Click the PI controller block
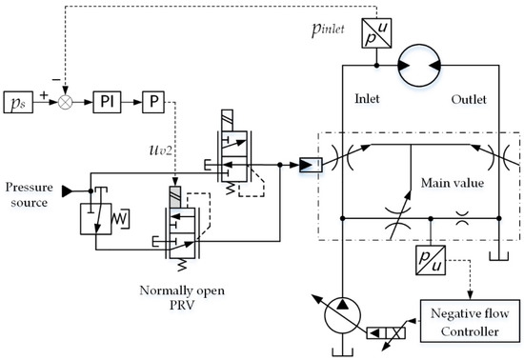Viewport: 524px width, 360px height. (107, 102)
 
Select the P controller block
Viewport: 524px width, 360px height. (153, 102)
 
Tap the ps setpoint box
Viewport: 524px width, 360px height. (18, 102)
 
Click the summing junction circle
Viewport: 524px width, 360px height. (66, 102)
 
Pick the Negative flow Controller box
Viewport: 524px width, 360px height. (470, 321)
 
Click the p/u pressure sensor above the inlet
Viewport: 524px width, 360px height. (376, 33)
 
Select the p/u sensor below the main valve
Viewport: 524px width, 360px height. (431, 260)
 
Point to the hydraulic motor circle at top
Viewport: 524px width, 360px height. (419, 66)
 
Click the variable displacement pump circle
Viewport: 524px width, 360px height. (343, 315)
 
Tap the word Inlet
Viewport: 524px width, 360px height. (367, 99)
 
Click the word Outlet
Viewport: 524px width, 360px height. (469, 99)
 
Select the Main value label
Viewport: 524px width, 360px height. (453, 183)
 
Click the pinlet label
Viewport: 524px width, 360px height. (328, 30)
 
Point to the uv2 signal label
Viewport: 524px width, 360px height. (161, 150)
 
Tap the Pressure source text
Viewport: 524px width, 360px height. (30, 194)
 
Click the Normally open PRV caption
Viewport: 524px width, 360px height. (182, 297)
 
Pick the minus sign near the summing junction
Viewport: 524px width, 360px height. (56, 79)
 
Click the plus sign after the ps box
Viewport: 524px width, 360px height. (44, 95)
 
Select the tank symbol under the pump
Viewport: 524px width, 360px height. (343, 352)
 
